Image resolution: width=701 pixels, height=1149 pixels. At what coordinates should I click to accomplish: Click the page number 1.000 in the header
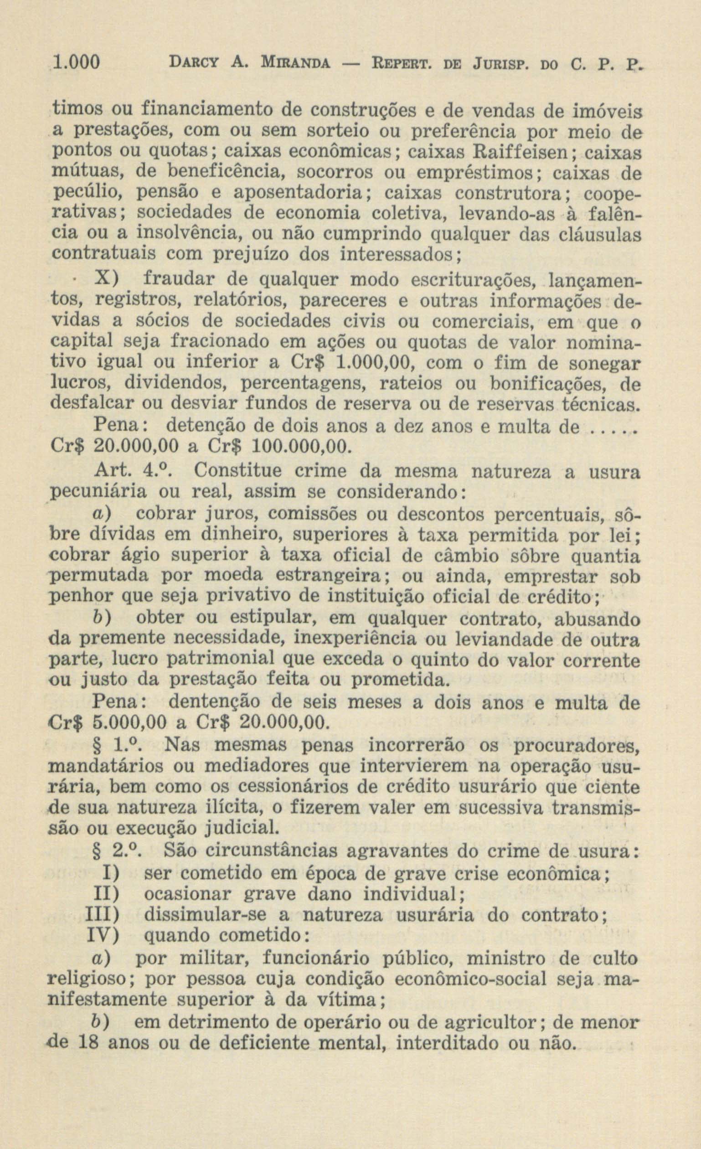coord(77,62)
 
